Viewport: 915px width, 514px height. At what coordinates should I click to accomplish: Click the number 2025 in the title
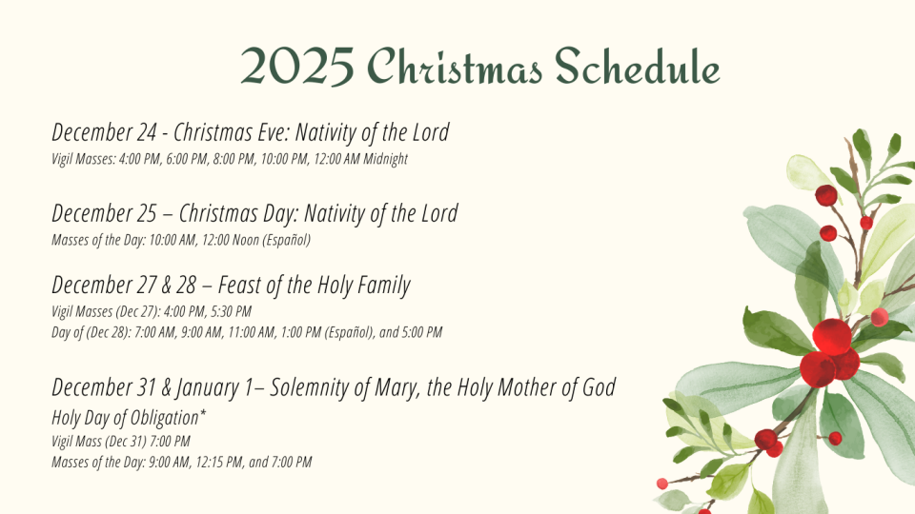coord(297,67)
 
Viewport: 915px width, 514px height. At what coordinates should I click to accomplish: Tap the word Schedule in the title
coord(638,66)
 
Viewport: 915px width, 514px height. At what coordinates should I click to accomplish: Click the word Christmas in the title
coord(455,67)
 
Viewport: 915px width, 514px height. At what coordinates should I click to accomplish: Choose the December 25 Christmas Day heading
coord(173,214)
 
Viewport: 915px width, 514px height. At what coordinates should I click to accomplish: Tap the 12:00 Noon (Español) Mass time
coord(256,240)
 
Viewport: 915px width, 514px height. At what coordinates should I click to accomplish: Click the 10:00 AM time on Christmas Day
coord(173,240)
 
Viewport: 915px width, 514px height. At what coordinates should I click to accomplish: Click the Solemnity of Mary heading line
coord(334,387)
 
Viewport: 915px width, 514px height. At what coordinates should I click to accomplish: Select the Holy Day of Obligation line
coord(129,418)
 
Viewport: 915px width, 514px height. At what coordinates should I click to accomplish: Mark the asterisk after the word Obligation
coord(203,413)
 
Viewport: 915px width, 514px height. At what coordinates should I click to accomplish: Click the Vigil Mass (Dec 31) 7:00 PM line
coord(121,441)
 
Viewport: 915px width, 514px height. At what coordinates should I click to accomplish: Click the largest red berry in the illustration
coord(832,337)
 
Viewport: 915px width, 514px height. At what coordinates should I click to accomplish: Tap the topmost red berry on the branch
coord(826,195)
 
